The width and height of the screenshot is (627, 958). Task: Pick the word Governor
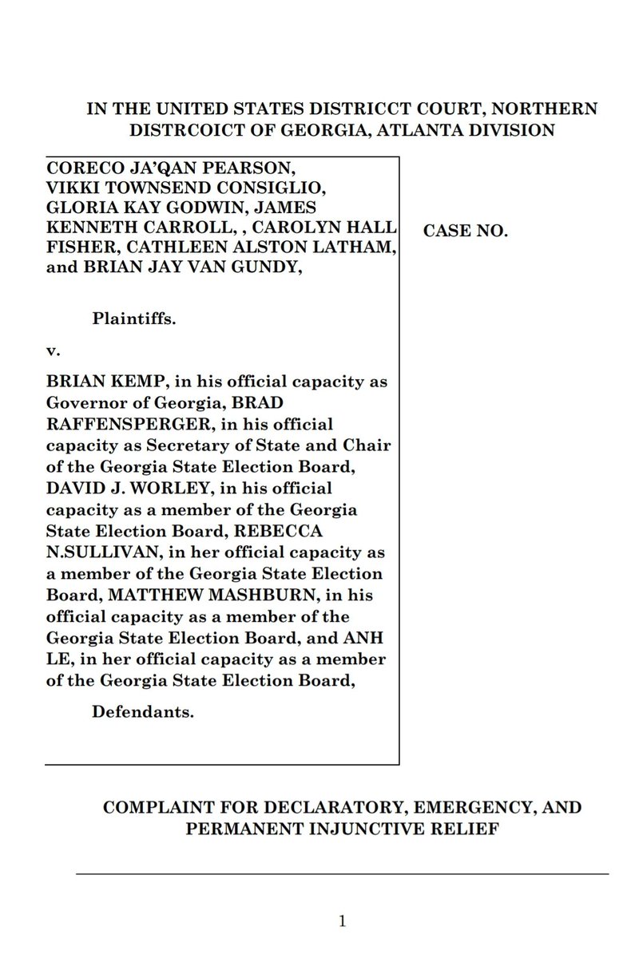tap(89, 402)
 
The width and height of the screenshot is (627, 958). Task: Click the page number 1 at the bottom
tap(342, 921)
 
